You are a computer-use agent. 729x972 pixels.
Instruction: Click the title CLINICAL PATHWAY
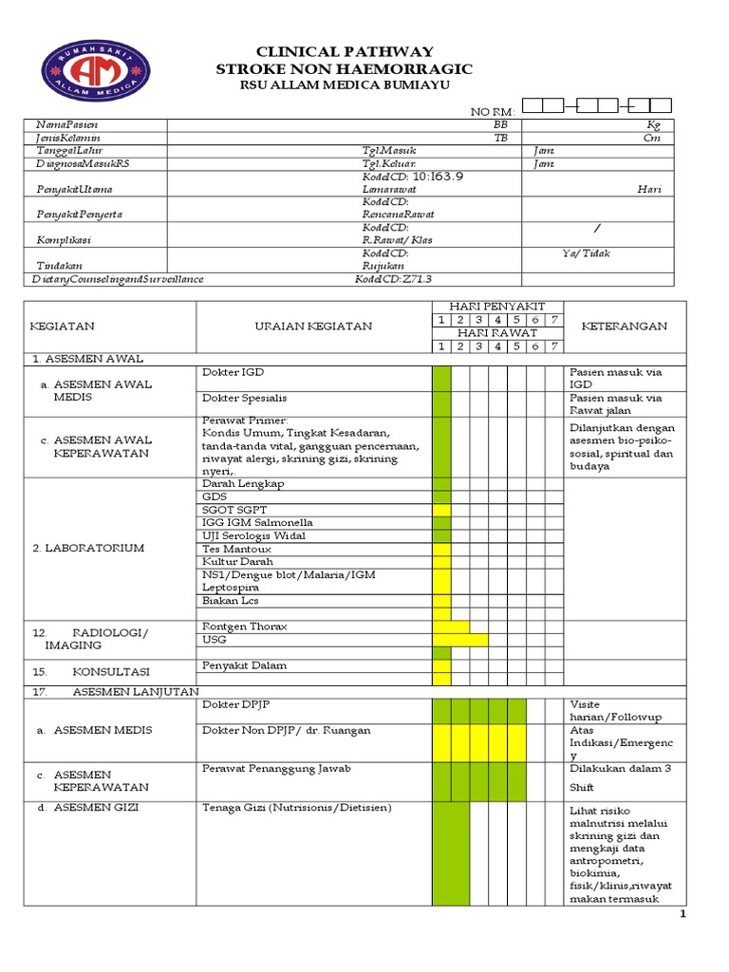346,52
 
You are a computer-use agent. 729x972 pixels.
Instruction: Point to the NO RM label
493,113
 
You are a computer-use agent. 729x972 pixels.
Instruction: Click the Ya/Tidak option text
586,253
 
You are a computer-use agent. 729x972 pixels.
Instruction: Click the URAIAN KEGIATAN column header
313,326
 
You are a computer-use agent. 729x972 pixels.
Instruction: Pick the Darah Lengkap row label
243,483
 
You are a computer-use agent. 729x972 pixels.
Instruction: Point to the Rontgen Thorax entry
244,626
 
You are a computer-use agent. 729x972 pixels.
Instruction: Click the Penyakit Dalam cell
244,665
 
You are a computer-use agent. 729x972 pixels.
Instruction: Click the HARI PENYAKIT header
498,307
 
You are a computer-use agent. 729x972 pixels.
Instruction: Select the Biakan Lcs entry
230,601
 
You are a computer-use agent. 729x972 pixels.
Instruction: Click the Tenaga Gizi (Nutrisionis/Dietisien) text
296,808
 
